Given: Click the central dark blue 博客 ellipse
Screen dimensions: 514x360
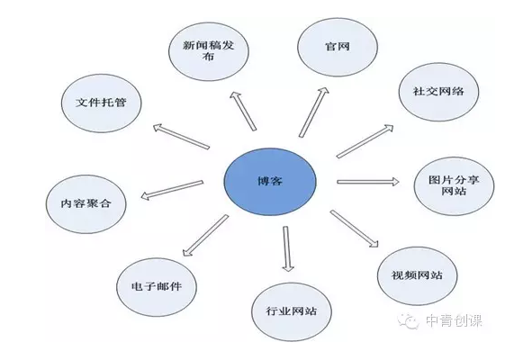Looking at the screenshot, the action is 270,181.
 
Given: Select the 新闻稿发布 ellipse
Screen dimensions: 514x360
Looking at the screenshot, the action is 209,51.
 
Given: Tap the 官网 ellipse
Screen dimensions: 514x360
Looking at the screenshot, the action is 338,47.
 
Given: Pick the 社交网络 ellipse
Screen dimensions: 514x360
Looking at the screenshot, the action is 438,92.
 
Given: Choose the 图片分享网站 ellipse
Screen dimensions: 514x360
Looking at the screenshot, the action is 454,186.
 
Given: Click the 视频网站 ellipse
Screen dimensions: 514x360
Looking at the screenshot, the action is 417,275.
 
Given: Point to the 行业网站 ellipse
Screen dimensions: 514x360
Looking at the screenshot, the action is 292,311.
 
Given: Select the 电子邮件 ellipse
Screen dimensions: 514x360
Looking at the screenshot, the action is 157,287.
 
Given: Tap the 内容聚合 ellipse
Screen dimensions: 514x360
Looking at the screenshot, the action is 86,204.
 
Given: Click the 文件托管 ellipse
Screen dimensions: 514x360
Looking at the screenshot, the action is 102,103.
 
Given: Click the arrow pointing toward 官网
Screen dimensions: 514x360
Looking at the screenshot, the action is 313,112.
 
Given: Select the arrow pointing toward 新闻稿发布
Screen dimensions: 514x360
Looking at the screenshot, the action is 243,111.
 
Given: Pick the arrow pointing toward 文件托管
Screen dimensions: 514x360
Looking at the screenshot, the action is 181,137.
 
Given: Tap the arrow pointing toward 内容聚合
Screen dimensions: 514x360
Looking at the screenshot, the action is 172,190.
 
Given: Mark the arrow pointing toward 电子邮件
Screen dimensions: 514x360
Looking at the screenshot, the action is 205,235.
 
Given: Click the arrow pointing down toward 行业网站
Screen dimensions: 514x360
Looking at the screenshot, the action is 287,249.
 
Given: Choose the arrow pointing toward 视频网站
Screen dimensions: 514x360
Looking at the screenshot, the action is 355,229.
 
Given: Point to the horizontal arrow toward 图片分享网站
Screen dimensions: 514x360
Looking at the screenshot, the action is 368,182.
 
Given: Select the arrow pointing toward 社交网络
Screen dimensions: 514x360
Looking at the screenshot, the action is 365,141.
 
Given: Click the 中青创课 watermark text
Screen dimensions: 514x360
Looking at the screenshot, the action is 455,320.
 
